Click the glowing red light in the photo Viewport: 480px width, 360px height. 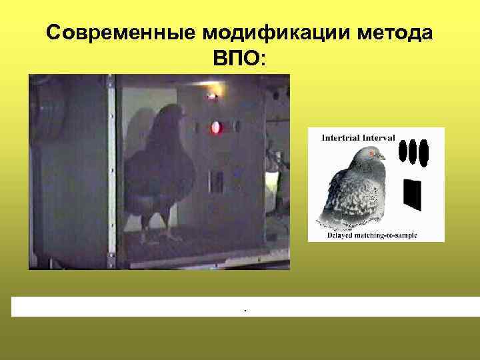tap(216, 127)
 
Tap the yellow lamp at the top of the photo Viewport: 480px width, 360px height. tap(212, 95)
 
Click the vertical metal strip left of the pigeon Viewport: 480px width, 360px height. tap(111, 167)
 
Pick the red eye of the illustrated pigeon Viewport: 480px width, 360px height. tap(371, 153)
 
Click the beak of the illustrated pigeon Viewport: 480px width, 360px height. tap(382, 157)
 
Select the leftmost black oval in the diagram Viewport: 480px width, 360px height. tap(403, 152)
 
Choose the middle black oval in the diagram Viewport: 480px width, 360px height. tap(413, 152)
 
